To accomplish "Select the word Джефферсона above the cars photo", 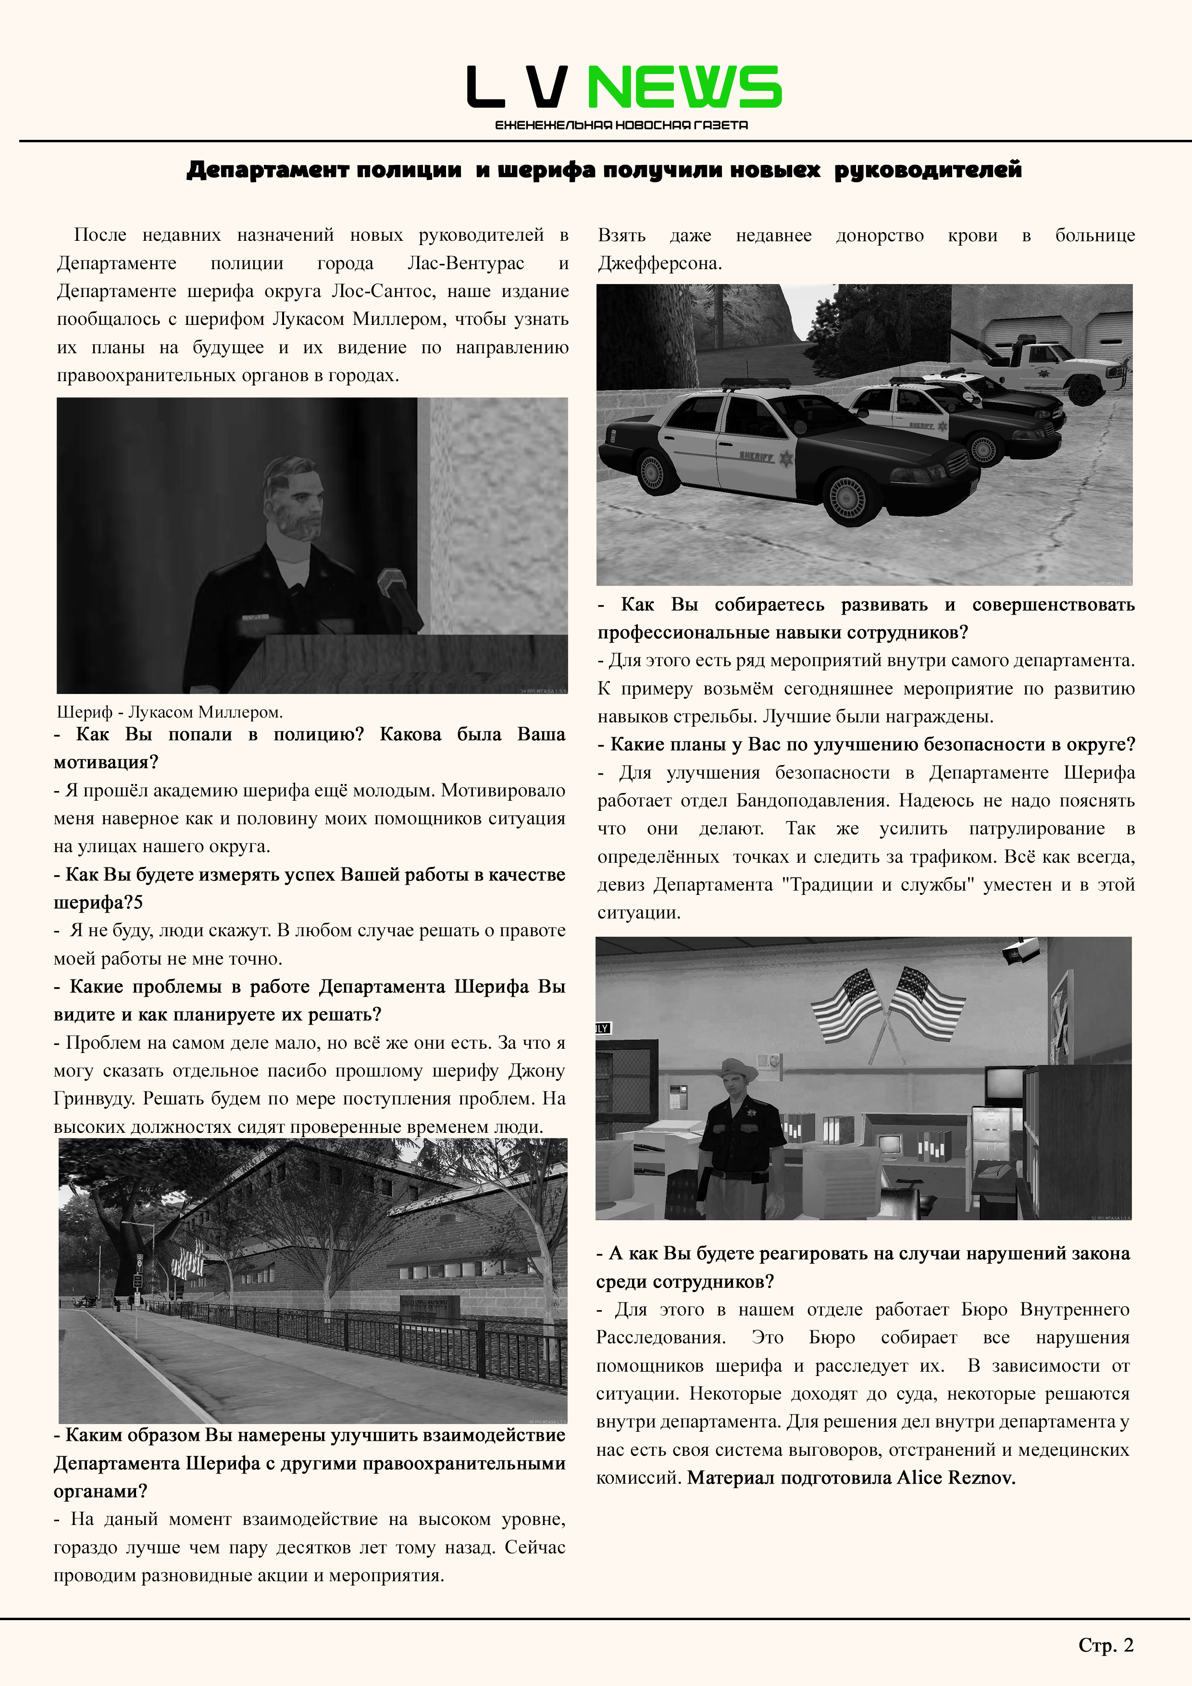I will point(659,264).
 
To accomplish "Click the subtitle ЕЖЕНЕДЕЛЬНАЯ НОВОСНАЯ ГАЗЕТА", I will point(621,125).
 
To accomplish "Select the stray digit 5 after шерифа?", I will point(139,903).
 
